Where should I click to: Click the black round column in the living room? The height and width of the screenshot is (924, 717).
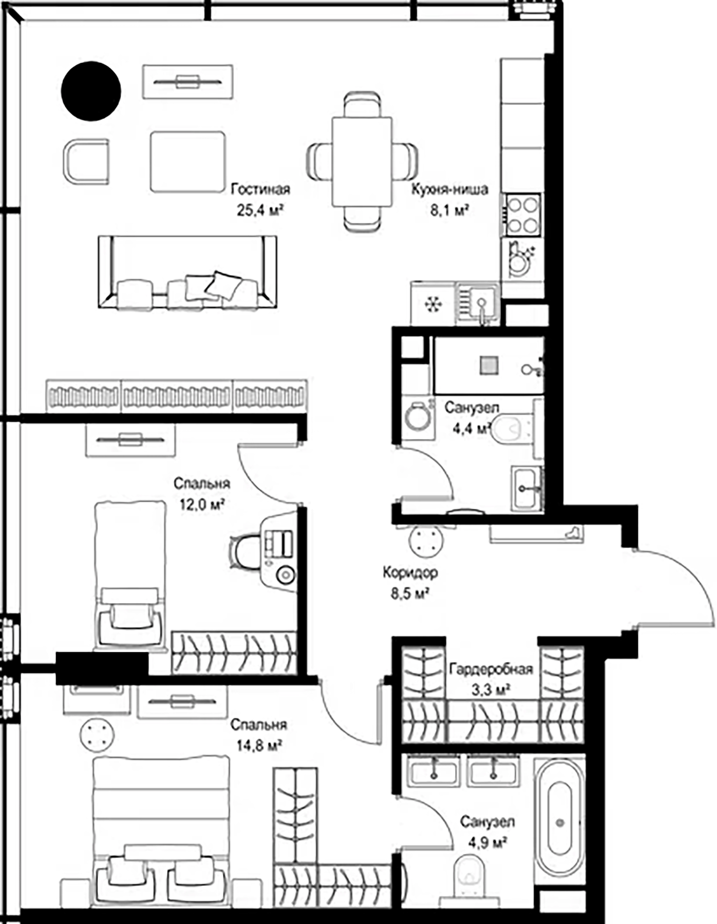[x=91, y=91]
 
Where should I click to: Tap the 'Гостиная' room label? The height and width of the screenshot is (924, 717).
[x=260, y=189]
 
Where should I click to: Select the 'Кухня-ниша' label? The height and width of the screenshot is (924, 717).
[x=449, y=189]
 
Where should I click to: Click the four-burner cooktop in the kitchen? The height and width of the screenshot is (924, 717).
[x=523, y=215]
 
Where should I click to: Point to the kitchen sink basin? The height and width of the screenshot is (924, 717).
[x=478, y=303]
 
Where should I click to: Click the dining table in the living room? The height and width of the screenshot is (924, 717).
[x=362, y=161]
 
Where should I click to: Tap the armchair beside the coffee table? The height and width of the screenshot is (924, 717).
[x=86, y=161]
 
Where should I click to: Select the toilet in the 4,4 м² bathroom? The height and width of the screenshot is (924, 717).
[x=510, y=429]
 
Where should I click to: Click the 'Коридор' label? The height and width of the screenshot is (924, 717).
[x=410, y=572]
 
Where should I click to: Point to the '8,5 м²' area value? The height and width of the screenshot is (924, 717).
[x=410, y=594]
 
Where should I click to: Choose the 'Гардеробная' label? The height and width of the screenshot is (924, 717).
[x=491, y=669]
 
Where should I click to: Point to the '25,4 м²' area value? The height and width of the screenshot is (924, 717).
[x=260, y=210]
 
